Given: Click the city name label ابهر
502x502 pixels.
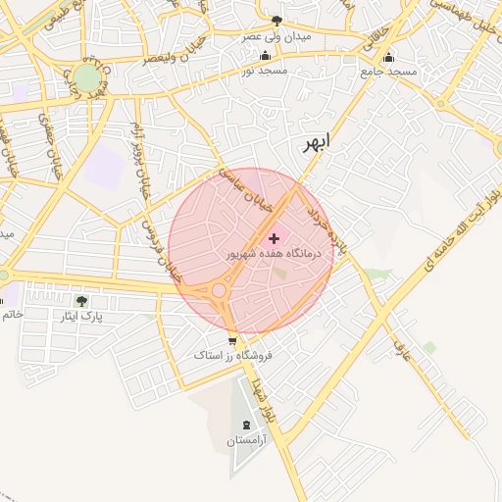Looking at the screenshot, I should pyautogui.click(x=317, y=142).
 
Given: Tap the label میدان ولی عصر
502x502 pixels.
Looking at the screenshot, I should pyautogui.click(x=277, y=36).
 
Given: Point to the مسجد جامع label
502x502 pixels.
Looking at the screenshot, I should pyautogui.click(x=388, y=72).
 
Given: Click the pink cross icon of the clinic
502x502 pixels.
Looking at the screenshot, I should pyautogui.click(x=274, y=237).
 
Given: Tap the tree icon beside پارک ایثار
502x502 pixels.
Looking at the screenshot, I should pyautogui.click(x=81, y=301).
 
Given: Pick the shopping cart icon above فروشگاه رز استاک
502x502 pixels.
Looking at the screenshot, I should pyautogui.click(x=232, y=340).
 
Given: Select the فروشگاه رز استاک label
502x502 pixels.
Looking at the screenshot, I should pyautogui.click(x=232, y=355).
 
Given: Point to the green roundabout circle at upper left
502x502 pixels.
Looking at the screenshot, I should pyautogui.click(x=86, y=77).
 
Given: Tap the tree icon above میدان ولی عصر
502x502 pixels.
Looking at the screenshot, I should pyautogui.click(x=277, y=20).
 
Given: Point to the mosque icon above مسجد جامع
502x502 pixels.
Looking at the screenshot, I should pyautogui.click(x=388, y=56).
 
